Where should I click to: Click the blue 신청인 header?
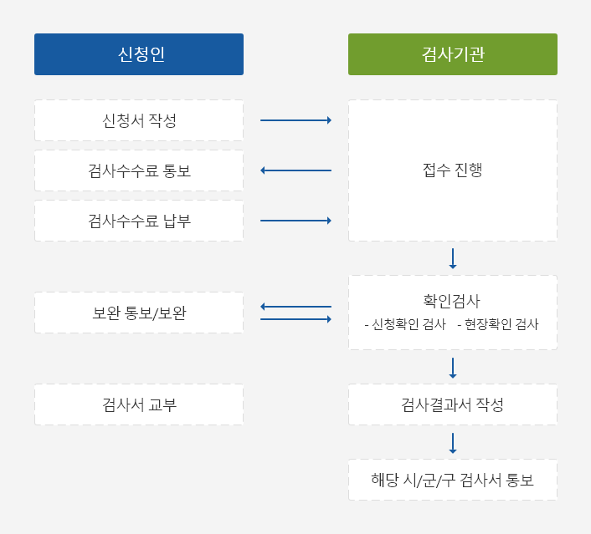point(139,54)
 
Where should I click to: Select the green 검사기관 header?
point(453,54)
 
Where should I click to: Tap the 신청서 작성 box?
point(139,120)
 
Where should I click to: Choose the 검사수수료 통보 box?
point(139,170)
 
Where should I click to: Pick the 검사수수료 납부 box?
point(139,221)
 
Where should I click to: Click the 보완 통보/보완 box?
point(139,313)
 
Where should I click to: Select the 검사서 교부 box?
point(139,404)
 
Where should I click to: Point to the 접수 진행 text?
point(453,170)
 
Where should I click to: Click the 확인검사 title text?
point(451,301)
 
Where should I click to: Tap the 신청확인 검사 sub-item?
point(405,324)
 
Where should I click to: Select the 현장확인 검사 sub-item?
point(498,324)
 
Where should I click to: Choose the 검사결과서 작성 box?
point(453,404)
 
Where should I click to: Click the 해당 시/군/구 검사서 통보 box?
point(453,480)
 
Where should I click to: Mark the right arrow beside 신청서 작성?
point(295,120)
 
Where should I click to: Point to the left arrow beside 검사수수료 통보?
point(295,170)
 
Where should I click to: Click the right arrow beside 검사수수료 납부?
point(295,221)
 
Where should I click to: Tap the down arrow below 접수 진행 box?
point(453,258)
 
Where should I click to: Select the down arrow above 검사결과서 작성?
point(453,368)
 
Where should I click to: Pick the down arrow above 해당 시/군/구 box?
point(453,443)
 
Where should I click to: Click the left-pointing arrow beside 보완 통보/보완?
point(295,307)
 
